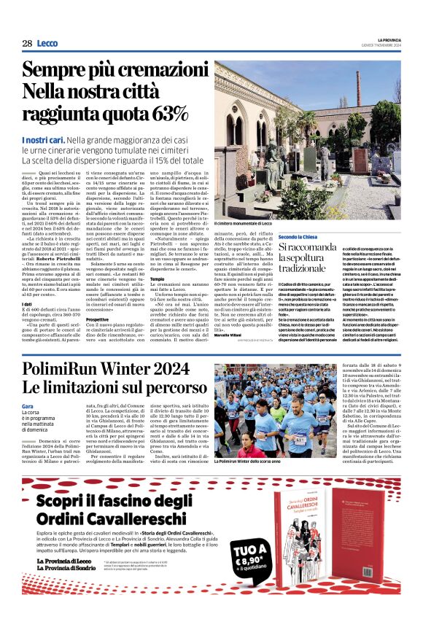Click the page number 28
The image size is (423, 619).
click(27, 43)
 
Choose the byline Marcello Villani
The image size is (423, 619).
click(230, 335)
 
